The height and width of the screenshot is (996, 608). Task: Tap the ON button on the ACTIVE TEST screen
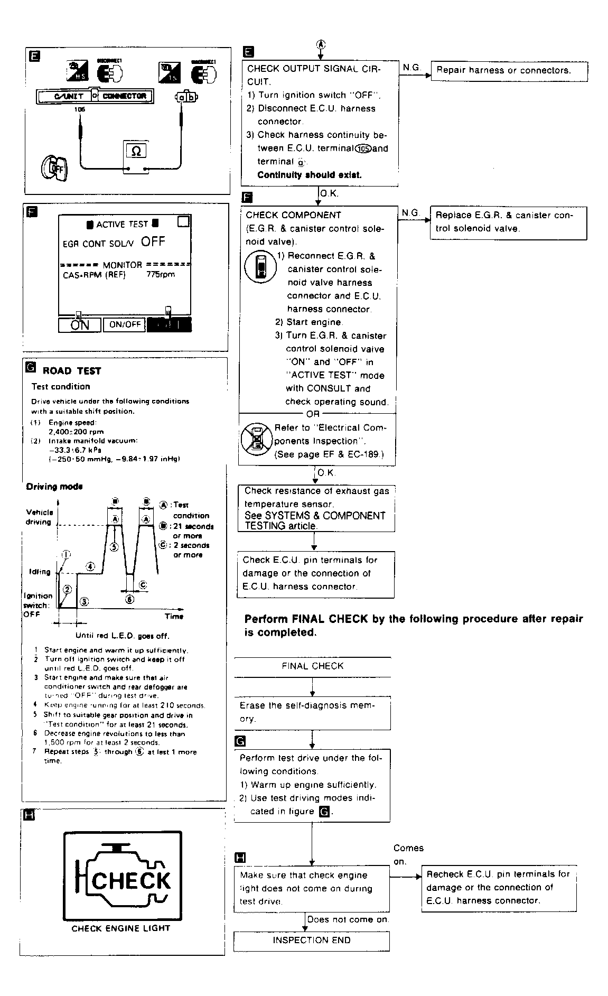[x=80, y=324]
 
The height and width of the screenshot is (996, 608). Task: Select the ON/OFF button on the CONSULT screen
[x=124, y=324]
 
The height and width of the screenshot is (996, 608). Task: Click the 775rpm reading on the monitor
[x=161, y=275]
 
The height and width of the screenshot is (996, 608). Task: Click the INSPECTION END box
[x=312, y=940]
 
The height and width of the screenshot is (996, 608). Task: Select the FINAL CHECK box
[x=313, y=666]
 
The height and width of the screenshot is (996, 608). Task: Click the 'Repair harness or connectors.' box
[x=509, y=71]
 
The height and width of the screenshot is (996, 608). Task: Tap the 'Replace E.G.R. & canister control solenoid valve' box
[x=508, y=222]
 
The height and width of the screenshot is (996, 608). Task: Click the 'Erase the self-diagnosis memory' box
[x=312, y=712]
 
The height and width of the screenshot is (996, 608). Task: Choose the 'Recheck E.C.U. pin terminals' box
[x=499, y=888]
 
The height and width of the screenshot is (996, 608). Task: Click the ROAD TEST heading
[x=72, y=371]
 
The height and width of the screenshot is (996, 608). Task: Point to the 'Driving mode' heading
[x=54, y=487]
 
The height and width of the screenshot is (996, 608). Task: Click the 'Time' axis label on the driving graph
[x=174, y=616]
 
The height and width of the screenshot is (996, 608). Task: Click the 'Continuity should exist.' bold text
[x=310, y=175]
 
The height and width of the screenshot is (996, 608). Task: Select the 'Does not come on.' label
[x=348, y=919]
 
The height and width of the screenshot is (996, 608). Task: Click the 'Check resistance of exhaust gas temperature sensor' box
[x=316, y=508]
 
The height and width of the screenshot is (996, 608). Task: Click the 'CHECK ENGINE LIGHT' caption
[x=121, y=928]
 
